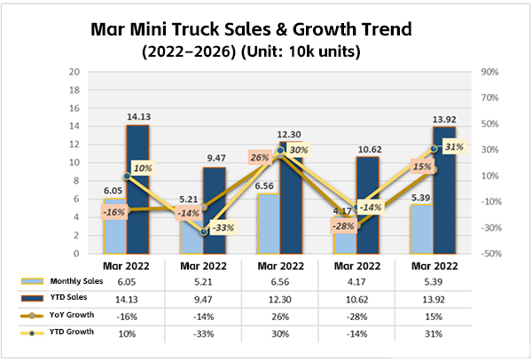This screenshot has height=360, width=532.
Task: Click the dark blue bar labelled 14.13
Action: click(138, 189)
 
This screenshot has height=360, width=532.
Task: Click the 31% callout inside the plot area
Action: click(452, 147)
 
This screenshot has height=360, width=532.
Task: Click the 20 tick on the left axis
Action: click(76, 72)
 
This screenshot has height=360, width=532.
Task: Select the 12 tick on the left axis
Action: click(76, 145)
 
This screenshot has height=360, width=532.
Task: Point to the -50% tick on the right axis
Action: click(491, 254)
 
